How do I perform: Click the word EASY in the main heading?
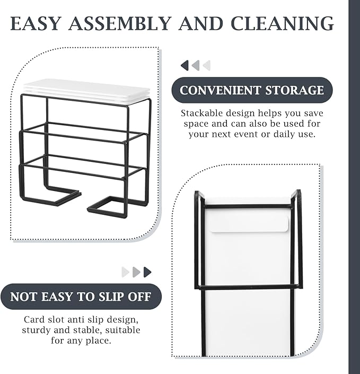pyautogui.click(x=36, y=23)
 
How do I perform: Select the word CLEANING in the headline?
pyautogui.click(x=282, y=23)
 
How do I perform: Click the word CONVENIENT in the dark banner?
pyautogui.click(x=220, y=90)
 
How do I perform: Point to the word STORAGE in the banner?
pyautogui.click(x=295, y=90)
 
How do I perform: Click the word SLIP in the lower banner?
pyautogui.click(x=111, y=297)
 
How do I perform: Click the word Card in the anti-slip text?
pyautogui.click(x=32, y=319)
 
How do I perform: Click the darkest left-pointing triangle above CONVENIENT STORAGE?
pyautogui.click(x=185, y=65)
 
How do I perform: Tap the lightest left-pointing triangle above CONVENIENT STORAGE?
pyautogui.click(x=207, y=65)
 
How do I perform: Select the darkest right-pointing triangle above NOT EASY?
pyautogui.click(x=147, y=272)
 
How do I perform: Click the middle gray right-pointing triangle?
pyautogui.click(x=136, y=272)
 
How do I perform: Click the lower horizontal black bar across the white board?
pyautogui.click(x=249, y=287)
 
